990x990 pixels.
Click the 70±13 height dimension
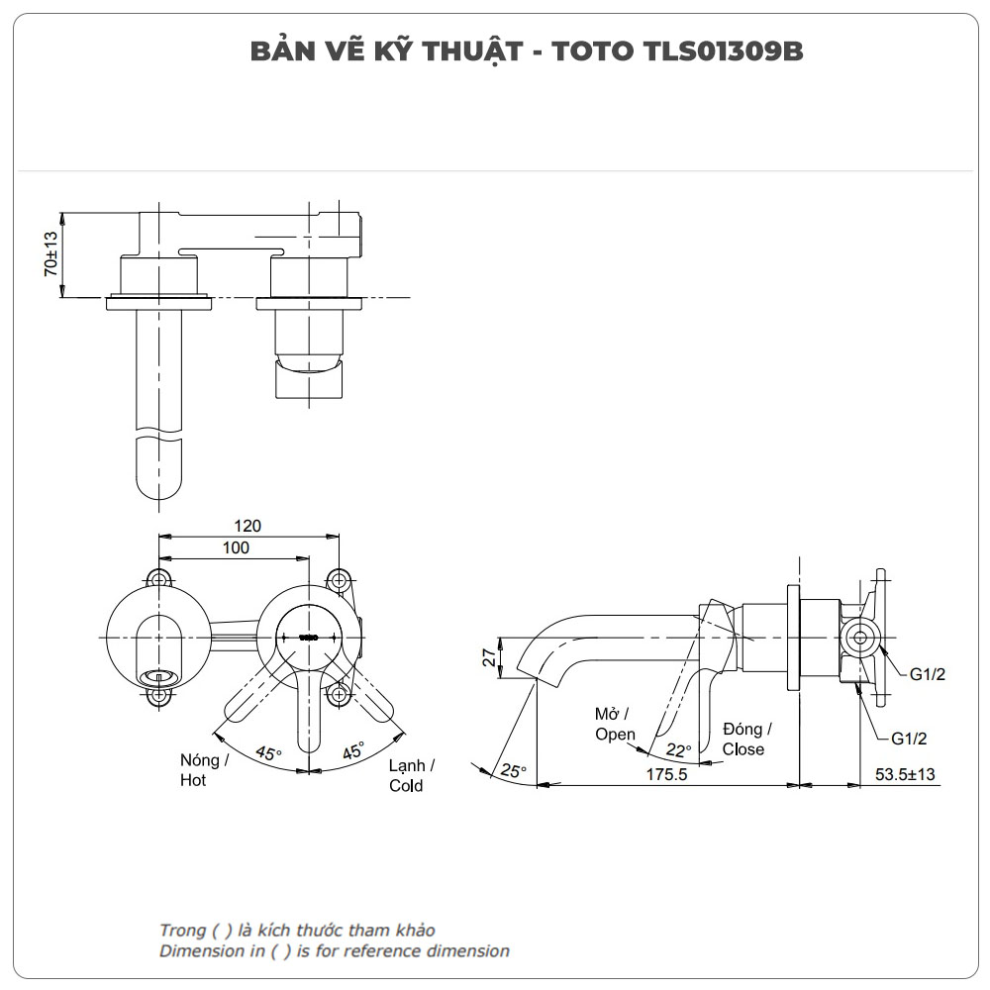[x=50, y=254]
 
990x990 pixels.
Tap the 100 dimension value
[x=236, y=547]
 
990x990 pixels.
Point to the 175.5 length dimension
[x=666, y=774]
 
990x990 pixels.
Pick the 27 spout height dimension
[x=488, y=658]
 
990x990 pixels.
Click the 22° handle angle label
[x=678, y=749]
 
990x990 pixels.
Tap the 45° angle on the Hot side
[x=268, y=752]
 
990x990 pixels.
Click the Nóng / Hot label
[x=204, y=770]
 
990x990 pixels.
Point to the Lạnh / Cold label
[x=410, y=775]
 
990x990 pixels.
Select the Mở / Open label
[x=614, y=724]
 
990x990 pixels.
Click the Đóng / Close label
[x=745, y=739]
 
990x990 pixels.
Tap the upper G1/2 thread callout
[x=928, y=674]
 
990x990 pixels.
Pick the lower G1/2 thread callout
[x=909, y=738]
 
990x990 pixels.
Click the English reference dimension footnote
[x=335, y=950]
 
